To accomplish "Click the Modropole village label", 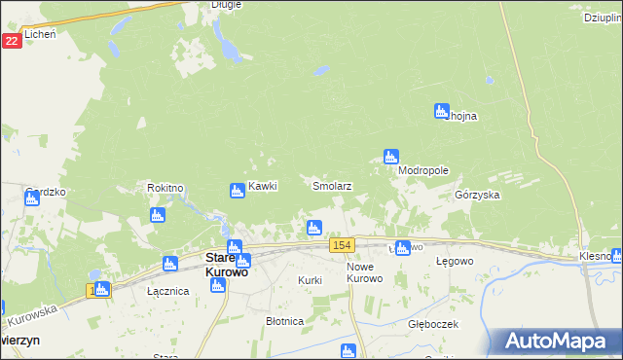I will [x=423, y=169].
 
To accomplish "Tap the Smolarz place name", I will [x=331, y=185].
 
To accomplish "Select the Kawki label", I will [x=263, y=186].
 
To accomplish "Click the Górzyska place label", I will [x=477, y=195].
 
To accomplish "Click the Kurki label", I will [x=310, y=280].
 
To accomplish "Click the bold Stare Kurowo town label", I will [x=226, y=266].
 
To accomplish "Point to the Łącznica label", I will [x=138, y=290].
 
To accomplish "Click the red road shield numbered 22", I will [x=11, y=41].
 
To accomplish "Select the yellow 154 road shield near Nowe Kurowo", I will [x=341, y=244].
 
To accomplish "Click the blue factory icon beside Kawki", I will [x=237, y=191].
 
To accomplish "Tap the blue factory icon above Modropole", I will [x=390, y=156].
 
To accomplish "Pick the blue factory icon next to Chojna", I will [x=441, y=111].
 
